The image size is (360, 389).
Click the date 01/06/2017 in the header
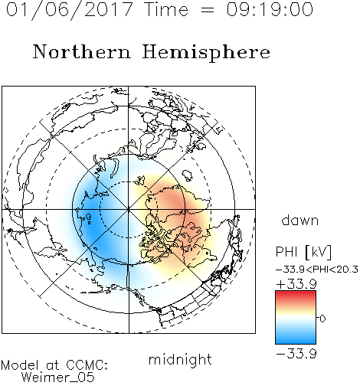(x=70, y=10)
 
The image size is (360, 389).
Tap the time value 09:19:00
(x=270, y=10)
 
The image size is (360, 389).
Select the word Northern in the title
(x=82, y=51)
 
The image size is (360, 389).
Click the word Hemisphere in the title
(x=206, y=53)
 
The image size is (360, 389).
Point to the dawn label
(x=300, y=220)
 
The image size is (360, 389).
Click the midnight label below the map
(x=180, y=359)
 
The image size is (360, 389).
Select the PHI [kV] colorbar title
(x=304, y=252)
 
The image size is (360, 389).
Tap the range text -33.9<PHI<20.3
(x=317, y=270)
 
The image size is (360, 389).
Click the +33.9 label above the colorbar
(x=296, y=284)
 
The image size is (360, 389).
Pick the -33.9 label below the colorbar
(x=296, y=354)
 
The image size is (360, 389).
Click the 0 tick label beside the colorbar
(x=322, y=319)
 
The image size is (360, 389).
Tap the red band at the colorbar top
(x=296, y=293)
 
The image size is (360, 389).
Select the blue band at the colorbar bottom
(x=296, y=342)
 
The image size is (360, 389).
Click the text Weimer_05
(x=57, y=378)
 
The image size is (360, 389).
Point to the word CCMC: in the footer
(x=87, y=365)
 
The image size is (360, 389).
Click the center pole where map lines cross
(x=128, y=210)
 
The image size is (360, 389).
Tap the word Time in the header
(x=166, y=10)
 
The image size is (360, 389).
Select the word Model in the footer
(x=20, y=365)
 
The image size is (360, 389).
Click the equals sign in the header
(x=208, y=10)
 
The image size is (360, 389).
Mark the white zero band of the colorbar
(x=296, y=318)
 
